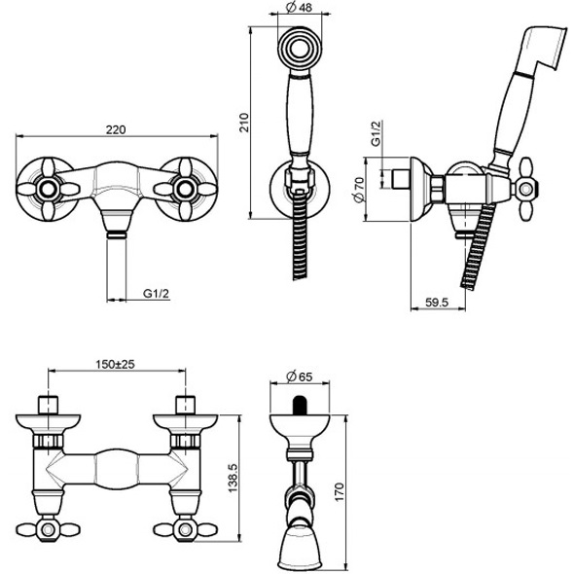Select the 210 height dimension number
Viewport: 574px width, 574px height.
coord(245,121)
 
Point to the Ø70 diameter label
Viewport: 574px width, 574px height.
coord(359,188)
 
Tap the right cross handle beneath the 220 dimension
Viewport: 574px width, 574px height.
coord(188,184)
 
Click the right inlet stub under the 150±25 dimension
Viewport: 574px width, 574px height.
coord(182,405)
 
